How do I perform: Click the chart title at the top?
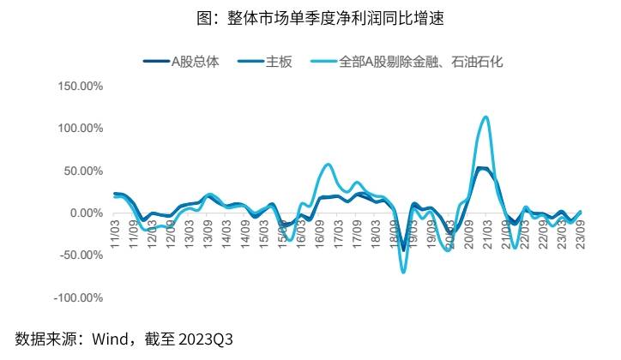tap(311, 16)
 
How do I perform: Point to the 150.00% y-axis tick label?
tap(79, 87)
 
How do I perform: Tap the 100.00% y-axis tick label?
tap(79, 129)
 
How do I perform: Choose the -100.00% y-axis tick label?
tap(77, 297)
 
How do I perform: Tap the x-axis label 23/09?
tap(581, 231)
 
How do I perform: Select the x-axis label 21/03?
tap(487, 231)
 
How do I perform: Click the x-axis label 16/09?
tap(320, 231)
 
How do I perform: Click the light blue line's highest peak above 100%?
tap(486, 117)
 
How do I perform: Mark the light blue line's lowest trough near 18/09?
tap(403, 272)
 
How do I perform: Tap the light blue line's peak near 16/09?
tap(329, 164)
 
